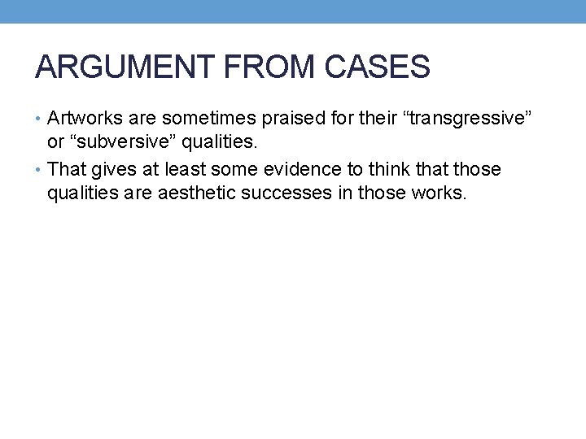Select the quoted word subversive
pos(124,143)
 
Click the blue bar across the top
pos(293,11)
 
